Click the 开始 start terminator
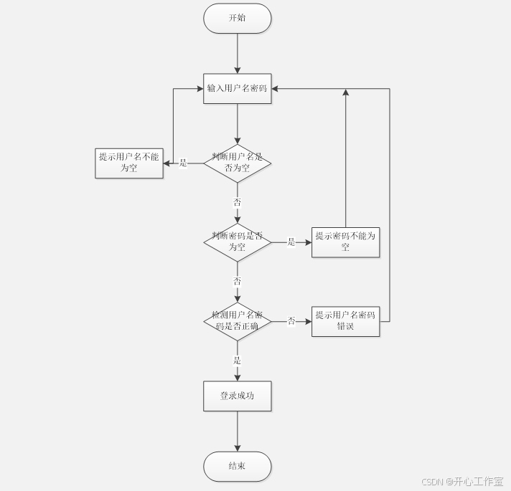[x=237, y=18]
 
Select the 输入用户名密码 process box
[x=237, y=89]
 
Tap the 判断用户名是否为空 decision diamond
[x=237, y=163]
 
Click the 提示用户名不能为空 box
[x=129, y=163]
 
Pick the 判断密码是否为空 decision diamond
[x=237, y=242]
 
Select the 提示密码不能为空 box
[x=345, y=242]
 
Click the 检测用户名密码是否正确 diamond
[x=237, y=320]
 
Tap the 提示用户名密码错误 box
[x=345, y=320]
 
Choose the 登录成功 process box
[x=237, y=396]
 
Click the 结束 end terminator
[x=237, y=467]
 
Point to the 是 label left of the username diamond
[x=183, y=163]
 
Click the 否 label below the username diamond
[x=238, y=203]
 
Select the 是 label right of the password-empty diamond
[x=291, y=242]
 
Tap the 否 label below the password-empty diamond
[x=238, y=281]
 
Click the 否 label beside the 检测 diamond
[x=291, y=321]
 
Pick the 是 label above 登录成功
[x=238, y=361]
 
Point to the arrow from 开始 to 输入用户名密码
[x=237, y=53]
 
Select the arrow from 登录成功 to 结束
[x=237, y=431]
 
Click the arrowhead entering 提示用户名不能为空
[x=167, y=163]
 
